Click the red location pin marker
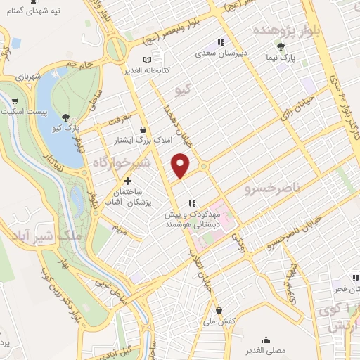pos(181,165)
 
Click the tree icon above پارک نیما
pos(281,47)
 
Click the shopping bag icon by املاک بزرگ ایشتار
pos(144,129)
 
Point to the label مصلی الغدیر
pos(266,349)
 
